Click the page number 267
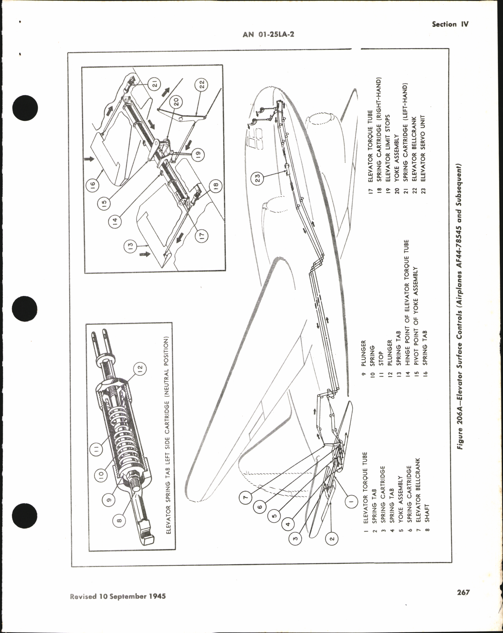(x=463, y=603)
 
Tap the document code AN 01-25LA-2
(x=268, y=34)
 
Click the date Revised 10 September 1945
(x=118, y=607)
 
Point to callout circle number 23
(x=258, y=178)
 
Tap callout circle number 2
(x=332, y=539)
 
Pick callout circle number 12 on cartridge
(x=140, y=368)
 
